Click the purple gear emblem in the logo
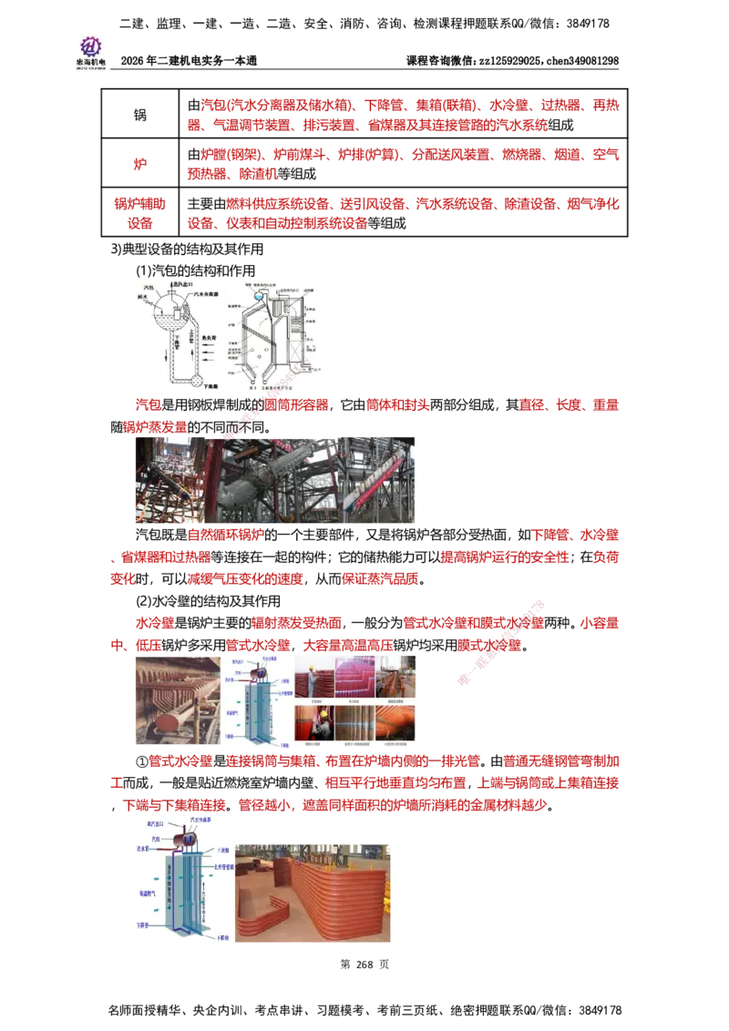tap(90, 45)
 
